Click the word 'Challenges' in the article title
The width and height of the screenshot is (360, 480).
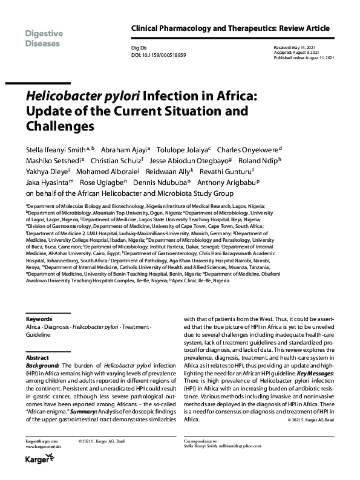(60, 126)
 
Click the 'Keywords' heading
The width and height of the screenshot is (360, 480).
(39, 319)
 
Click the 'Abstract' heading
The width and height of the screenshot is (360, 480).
(38, 357)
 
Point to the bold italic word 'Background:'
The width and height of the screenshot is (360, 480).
(44, 366)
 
